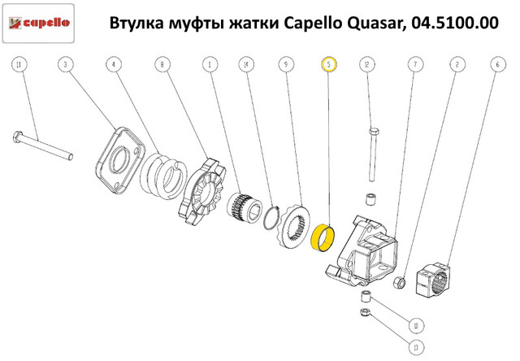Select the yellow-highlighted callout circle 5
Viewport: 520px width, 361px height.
[328, 63]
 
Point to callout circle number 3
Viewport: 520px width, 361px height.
[68, 63]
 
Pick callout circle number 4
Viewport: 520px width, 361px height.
[115, 63]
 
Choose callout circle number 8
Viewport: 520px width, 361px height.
[163, 63]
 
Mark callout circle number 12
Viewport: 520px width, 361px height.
[368, 63]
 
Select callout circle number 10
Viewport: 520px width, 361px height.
[416, 326]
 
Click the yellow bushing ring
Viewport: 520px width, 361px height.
[329, 239]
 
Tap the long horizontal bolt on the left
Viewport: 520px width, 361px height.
[45, 146]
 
